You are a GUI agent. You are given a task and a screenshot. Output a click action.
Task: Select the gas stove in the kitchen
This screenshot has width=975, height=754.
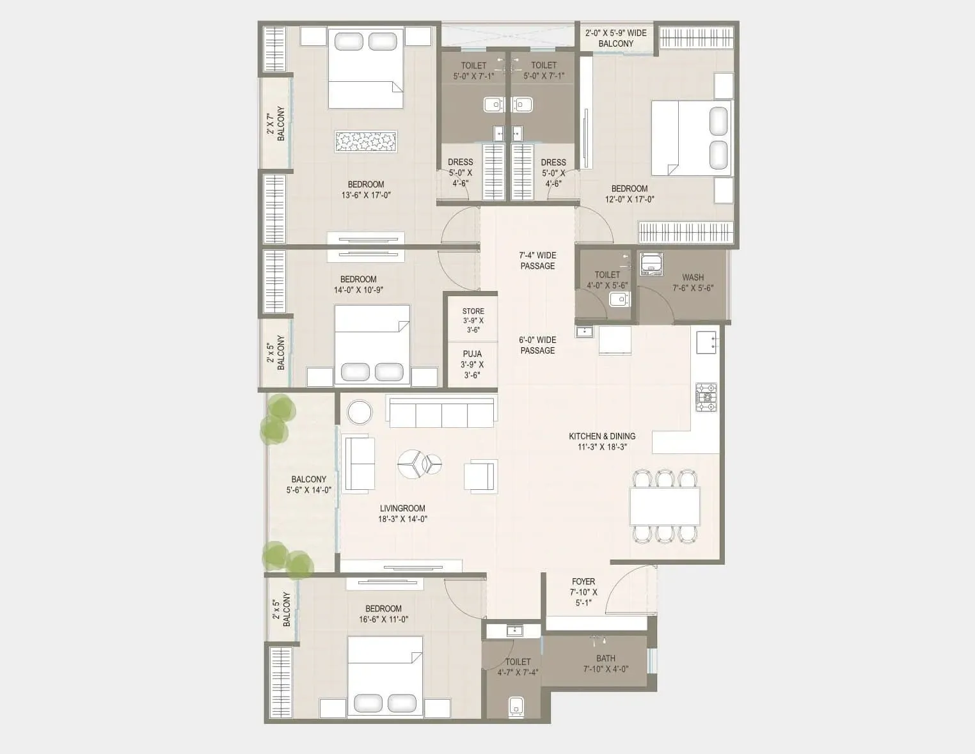coord(706,397)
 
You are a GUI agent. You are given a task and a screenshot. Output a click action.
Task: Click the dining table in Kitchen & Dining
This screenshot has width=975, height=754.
coord(665,506)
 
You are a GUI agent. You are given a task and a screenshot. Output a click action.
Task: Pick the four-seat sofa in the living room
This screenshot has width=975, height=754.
coord(441,411)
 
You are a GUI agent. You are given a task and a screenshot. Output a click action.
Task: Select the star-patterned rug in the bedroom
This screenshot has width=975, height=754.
coord(366,141)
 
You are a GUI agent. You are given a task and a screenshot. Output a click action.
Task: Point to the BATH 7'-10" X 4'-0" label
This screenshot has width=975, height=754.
coord(605,663)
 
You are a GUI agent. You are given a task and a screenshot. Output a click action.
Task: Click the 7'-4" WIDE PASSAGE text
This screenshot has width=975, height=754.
coord(537,260)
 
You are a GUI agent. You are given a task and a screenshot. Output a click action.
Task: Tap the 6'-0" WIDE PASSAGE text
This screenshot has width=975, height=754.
coord(537,345)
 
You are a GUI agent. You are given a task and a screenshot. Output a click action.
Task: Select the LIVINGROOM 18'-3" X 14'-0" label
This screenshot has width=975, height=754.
coord(402,514)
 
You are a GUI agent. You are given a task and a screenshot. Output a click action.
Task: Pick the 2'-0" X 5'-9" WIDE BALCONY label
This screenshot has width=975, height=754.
coord(615,38)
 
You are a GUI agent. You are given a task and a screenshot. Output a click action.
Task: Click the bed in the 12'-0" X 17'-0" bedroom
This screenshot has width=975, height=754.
coord(691,137)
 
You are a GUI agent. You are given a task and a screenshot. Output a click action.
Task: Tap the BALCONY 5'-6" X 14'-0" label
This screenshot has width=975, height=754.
coord(308,484)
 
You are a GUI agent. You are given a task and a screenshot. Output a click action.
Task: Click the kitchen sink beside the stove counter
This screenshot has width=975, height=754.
coord(706,342)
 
